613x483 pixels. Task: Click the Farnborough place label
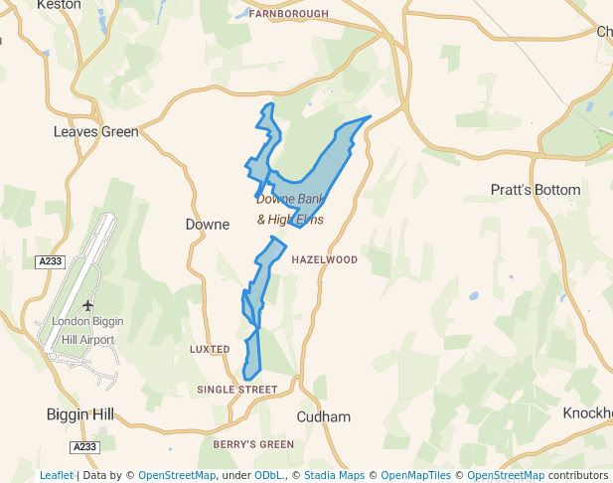pyautogui.click(x=288, y=13)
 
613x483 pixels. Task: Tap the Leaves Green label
pyautogui.click(x=96, y=131)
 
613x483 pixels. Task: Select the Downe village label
pyautogui.click(x=208, y=225)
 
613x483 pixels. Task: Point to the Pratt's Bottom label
pyautogui.click(x=536, y=190)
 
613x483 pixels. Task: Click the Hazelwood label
pyautogui.click(x=325, y=259)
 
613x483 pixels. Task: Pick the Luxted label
pyautogui.click(x=210, y=349)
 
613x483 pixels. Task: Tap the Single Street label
pyautogui.click(x=236, y=390)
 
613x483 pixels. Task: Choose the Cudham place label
pyautogui.click(x=324, y=416)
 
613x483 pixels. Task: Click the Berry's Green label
pyautogui.click(x=253, y=443)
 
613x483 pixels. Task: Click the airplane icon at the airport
pyautogui.click(x=88, y=305)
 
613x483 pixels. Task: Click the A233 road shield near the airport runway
pyautogui.click(x=49, y=261)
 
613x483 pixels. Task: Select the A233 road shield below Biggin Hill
pyautogui.click(x=84, y=446)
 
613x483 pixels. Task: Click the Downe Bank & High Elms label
pyautogui.click(x=290, y=210)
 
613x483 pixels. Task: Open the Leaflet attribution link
pyautogui.click(x=57, y=475)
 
